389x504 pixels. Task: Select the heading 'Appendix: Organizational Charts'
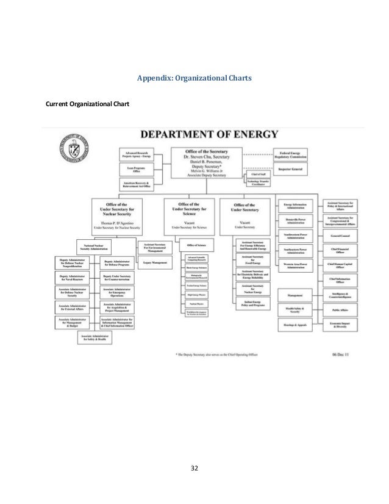[x=194, y=79]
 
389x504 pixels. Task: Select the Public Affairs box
[x=340, y=309]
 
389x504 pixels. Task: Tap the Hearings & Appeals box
[x=296, y=325]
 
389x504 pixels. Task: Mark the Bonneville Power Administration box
[x=296, y=220]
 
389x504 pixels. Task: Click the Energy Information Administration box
[x=296, y=204]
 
